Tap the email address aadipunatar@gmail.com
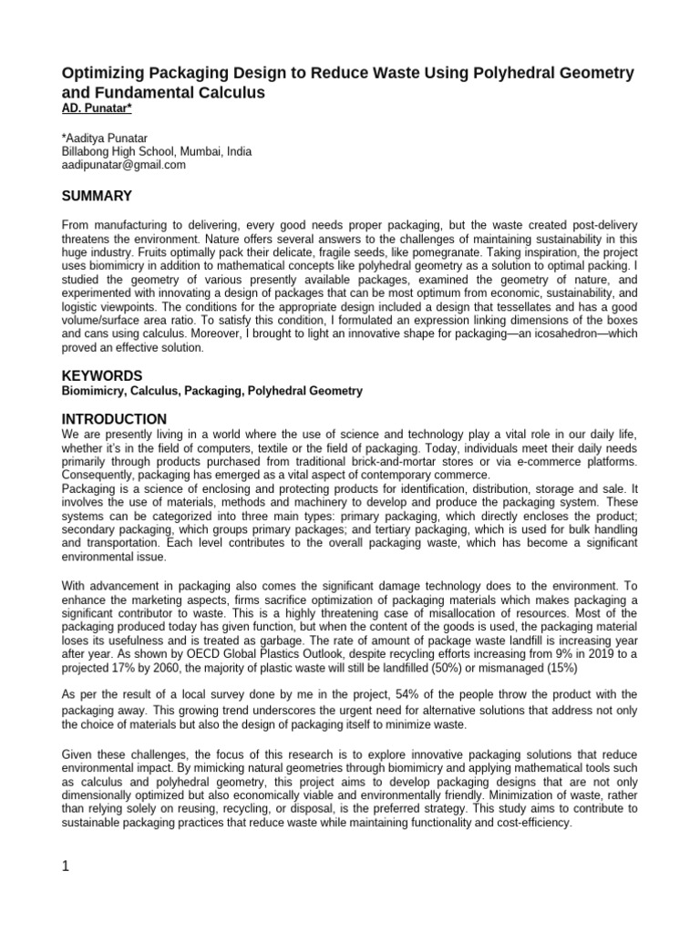(x=123, y=165)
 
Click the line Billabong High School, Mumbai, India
(x=156, y=151)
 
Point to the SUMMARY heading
(x=97, y=196)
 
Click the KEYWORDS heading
(x=102, y=375)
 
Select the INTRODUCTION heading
(x=114, y=419)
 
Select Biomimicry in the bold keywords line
(x=92, y=391)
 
